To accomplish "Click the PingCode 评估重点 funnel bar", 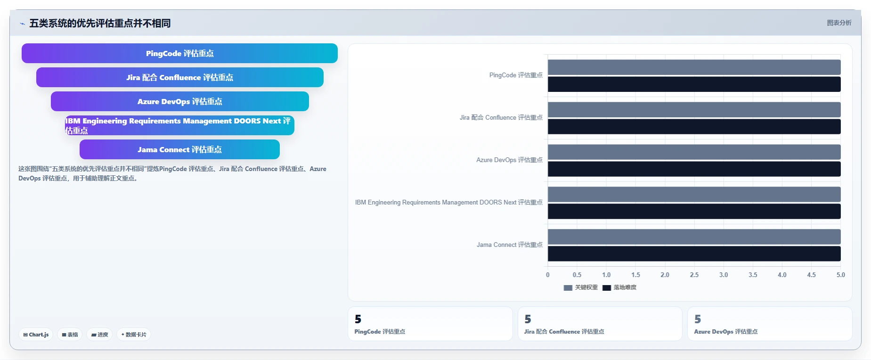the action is pyautogui.click(x=179, y=53).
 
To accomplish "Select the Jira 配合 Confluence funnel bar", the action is pyautogui.click(x=179, y=77).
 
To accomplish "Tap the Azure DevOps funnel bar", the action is pyautogui.click(x=179, y=101).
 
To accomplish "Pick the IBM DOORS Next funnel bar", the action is pyautogui.click(x=179, y=125).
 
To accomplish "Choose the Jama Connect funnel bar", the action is pyautogui.click(x=179, y=149).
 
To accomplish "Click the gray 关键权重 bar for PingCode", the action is pyautogui.click(x=694, y=67).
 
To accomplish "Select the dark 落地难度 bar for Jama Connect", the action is pyautogui.click(x=694, y=254).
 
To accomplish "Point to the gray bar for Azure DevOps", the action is pyautogui.click(x=694, y=152).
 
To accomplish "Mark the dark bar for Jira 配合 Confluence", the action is pyautogui.click(x=694, y=126).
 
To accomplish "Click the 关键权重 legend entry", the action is pyautogui.click(x=580, y=287).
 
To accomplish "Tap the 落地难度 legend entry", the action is pyautogui.click(x=619, y=287).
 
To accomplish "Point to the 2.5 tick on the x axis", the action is pyautogui.click(x=694, y=275).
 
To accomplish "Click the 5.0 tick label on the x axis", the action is pyautogui.click(x=840, y=275).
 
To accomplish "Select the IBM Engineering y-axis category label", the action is pyautogui.click(x=449, y=202).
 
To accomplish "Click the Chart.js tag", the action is pyautogui.click(x=36, y=335).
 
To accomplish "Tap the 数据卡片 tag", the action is pyautogui.click(x=134, y=335).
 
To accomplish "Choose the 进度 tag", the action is pyautogui.click(x=99, y=335).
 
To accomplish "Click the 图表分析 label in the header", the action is pyautogui.click(x=839, y=23).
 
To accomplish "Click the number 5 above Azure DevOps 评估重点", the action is pyautogui.click(x=698, y=319).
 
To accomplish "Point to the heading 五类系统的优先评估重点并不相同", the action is pyautogui.click(x=100, y=23).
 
